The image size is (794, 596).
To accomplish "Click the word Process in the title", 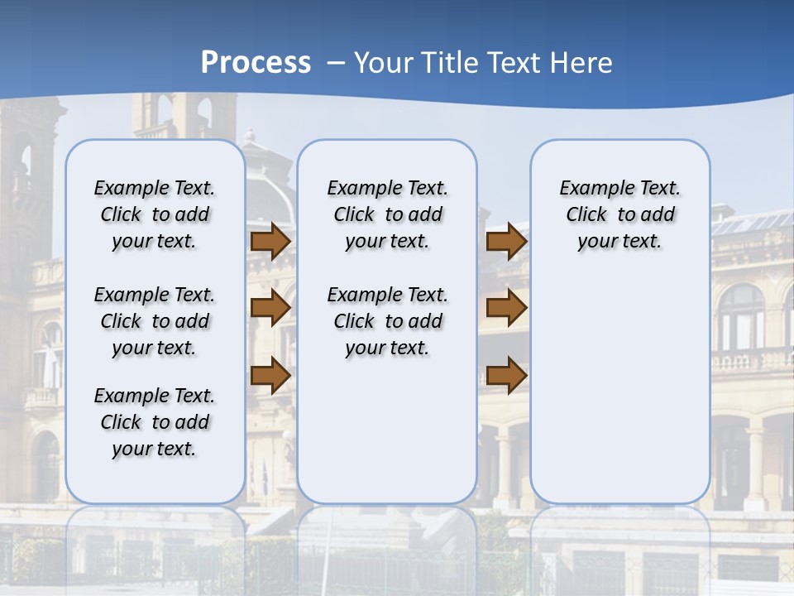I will click(x=256, y=62).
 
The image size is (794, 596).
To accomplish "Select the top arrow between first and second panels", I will click(x=270, y=241).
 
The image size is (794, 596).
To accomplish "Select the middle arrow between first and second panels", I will click(x=270, y=308).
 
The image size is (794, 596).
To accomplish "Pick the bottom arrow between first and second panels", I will click(x=270, y=375).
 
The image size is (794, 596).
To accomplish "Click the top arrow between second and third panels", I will click(x=506, y=241).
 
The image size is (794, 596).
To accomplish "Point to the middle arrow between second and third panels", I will click(x=506, y=308).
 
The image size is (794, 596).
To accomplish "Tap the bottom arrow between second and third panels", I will click(x=506, y=375).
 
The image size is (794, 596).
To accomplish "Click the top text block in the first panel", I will click(x=155, y=214).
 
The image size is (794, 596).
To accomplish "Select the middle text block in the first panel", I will click(x=155, y=321).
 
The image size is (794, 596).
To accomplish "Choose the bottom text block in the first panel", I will click(x=155, y=422).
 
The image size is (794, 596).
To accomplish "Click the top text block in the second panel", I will click(x=387, y=214).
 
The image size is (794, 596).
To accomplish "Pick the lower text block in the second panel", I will click(x=387, y=321).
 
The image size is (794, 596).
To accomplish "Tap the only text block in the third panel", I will click(x=620, y=214).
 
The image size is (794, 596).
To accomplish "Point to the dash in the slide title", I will click(x=336, y=63).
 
